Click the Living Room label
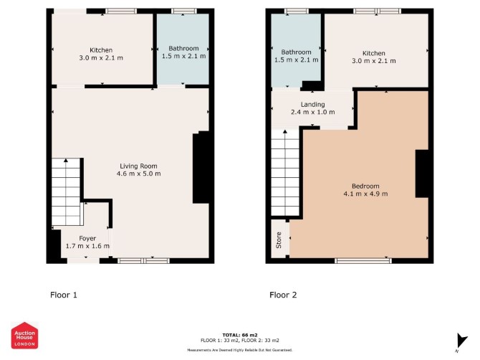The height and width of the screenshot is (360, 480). pyautogui.click(x=138, y=166)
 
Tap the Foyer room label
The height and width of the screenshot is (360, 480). pyautogui.click(x=87, y=238)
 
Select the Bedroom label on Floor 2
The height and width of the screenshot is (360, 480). pyautogui.click(x=365, y=186)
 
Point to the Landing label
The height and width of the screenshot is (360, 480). pyautogui.click(x=312, y=105)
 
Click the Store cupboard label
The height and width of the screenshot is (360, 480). pyautogui.click(x=279, y=240)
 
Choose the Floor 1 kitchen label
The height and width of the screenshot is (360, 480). pyautogui.click(x=101, y=50)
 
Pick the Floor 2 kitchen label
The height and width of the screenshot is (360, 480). pyautogui.click(x=373, y=53)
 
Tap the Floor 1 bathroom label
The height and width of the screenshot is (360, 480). pyautogui.click(x=183, y=49)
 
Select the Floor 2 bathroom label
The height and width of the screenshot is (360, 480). pyautogui.click(x=296, y=52)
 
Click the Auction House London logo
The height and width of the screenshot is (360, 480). pyautogui.click(x=25, y=336)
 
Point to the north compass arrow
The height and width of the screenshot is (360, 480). pyautogui.click(x=461, y=341)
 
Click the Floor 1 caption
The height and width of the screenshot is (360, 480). pyautogui.click(x=64, y=295)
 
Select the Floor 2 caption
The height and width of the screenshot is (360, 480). pyautogui.click(x=283, y=295)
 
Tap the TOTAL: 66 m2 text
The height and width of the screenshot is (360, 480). pyautogui.click(x=240, y=335)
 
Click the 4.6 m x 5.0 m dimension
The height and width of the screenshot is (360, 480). pyautogui.click(x=138, y=174)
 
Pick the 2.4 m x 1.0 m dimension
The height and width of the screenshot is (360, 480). pyautogui.click(x=312, y=112)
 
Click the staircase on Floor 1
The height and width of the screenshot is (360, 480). pyautogui.click(x=67, y=192)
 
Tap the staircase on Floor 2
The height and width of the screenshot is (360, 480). pyautogui.click(x=285, y=173)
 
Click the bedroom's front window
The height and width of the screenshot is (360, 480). pyautogui.click(x=363, y=261)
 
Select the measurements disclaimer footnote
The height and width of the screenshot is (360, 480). pyautogui.click(x=240, y=350)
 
